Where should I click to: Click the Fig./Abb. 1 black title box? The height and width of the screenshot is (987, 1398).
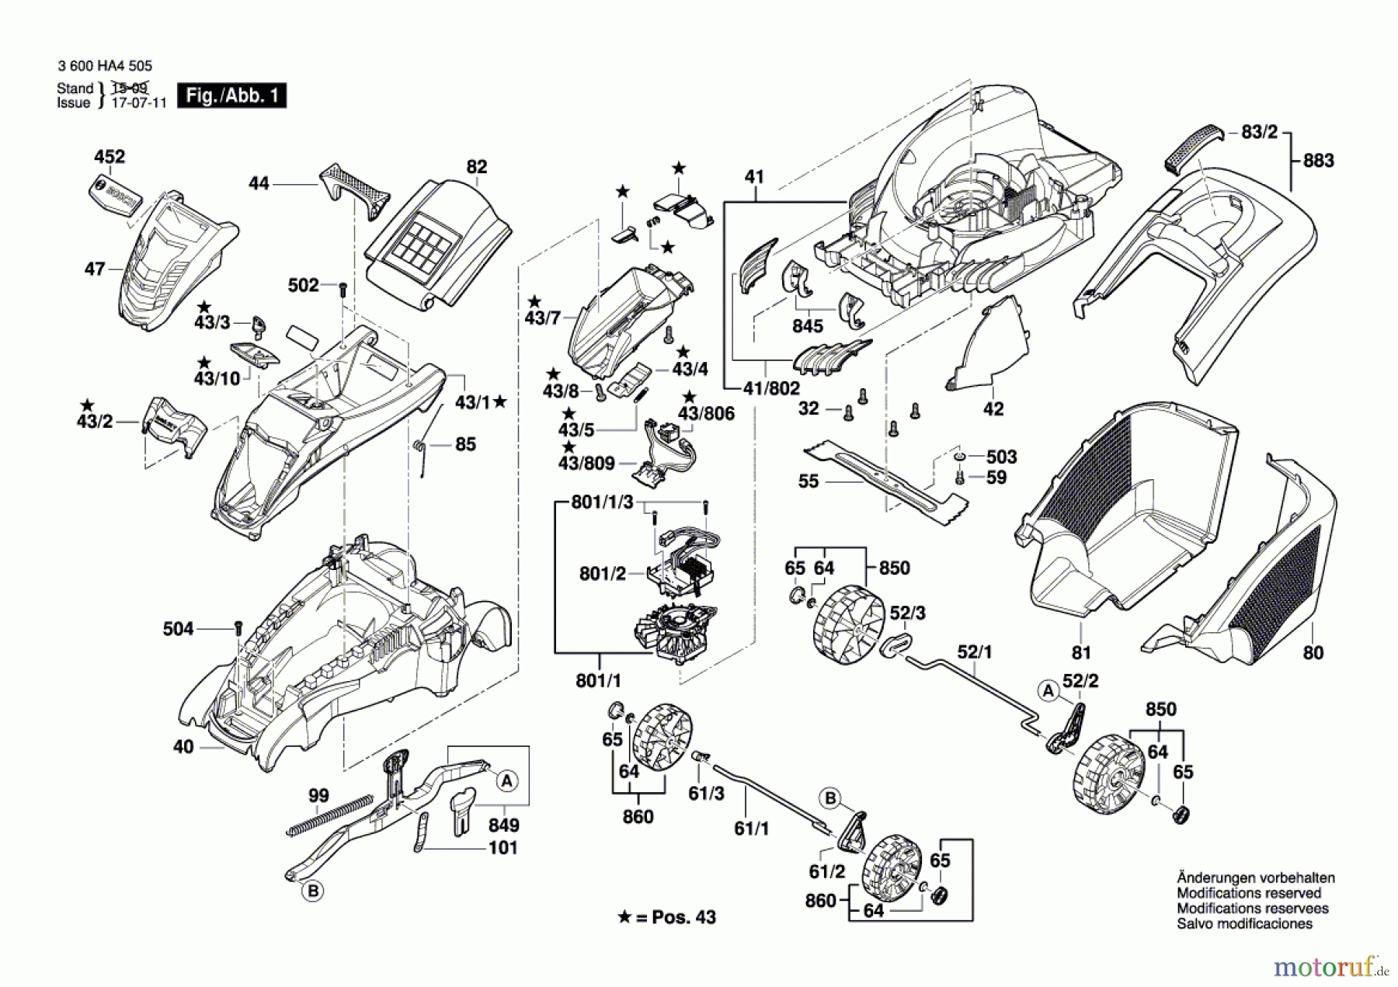(x=231, y=96)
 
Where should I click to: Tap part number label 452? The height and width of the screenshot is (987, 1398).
(x=110, y=157)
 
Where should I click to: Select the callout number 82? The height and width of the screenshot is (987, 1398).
(x=476, y=167)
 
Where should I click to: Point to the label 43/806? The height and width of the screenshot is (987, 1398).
(x=706, y=413)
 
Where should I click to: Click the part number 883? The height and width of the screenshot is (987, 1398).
(x=1318, y=161)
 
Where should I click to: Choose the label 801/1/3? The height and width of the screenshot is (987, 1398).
(x=602, y=502)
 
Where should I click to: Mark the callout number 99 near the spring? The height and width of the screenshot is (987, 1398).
(x=318, y=795)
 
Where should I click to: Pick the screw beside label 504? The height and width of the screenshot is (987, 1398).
(x=238, y=627)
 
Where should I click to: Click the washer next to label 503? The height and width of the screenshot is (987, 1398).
(x=960, y=457)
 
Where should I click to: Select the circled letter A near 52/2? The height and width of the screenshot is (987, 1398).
(x=1048, y=690)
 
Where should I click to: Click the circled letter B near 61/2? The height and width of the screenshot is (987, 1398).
(x=830, y=798)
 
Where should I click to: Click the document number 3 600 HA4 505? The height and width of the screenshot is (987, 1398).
(x=105, y=67)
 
